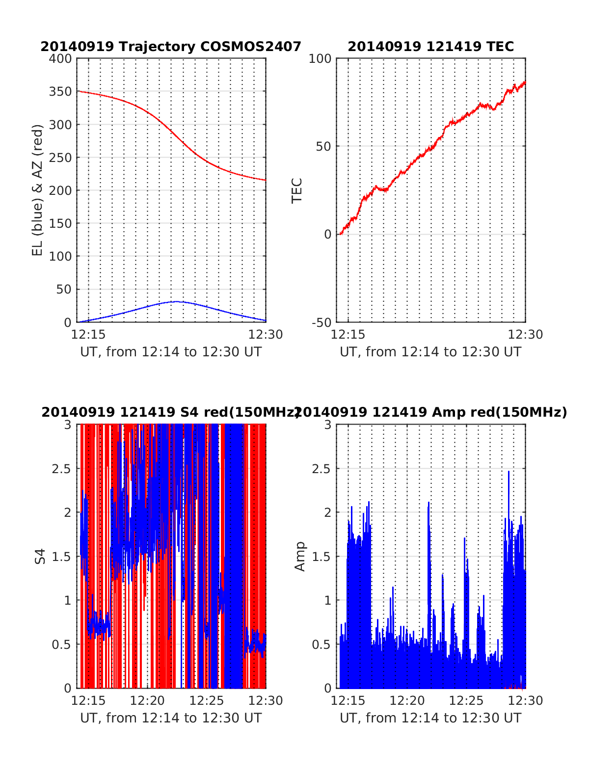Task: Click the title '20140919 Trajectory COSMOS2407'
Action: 171,47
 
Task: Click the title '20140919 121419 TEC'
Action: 430,47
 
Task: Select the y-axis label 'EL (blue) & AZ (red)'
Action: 38,190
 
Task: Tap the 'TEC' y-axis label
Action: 297,190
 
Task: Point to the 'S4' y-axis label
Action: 40,557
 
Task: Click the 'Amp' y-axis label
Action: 300,557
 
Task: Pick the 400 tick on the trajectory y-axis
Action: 60,59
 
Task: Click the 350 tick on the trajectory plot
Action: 60,92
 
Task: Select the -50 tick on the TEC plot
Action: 321,322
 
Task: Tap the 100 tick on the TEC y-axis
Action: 320,59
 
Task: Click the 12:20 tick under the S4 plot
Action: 148,700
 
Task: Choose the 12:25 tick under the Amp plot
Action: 466,700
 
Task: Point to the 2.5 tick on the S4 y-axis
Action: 61,469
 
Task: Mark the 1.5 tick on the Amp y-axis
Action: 321,557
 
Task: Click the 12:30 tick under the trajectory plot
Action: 266,335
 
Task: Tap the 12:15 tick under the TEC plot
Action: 348,335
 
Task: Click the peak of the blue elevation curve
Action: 176,301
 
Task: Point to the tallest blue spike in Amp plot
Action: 509,472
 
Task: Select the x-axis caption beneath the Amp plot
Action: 430,718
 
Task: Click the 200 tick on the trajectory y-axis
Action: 60,190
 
